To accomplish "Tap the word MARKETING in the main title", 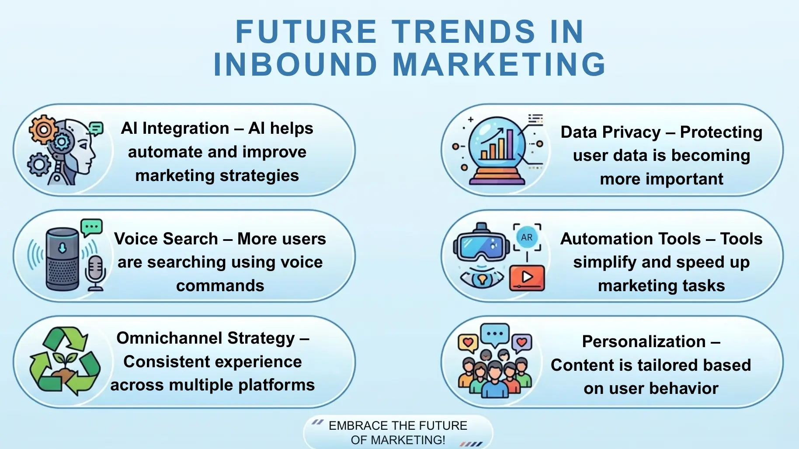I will point(499,64).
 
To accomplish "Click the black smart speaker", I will point(63,259).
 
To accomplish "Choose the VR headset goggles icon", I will point(481,245).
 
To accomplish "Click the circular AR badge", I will point(527,237).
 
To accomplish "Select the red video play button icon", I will point(527,277).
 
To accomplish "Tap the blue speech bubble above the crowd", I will point(495,334).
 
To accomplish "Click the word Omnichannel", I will point(170,338).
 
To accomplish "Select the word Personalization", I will point(643,341).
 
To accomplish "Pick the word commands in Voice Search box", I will point(220,285).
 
